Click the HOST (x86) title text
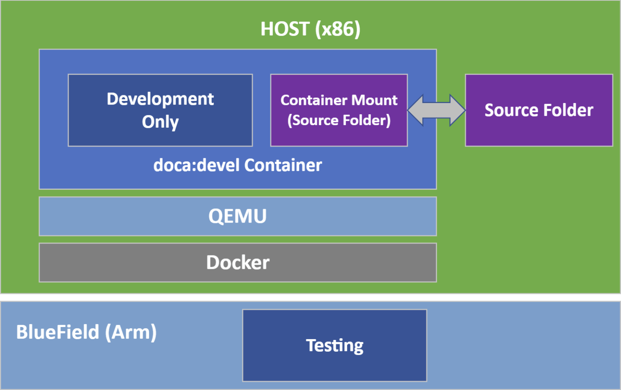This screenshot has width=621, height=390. click(310, 29)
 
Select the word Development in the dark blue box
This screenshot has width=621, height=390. click(160, 99)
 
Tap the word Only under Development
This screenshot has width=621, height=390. click(160, 122)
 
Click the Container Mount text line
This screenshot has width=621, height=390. click(339, 100)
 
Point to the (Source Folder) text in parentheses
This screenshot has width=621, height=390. click(339, 120)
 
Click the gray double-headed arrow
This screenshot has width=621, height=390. click(436, 110)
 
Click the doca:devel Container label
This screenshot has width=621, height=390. click(238, 165)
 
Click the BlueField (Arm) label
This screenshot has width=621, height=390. click(86, 332)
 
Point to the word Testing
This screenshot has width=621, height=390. click(335, 346)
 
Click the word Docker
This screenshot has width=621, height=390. click(238, 262)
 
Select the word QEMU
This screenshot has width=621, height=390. click(238, 216)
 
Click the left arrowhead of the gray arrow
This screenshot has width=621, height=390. click(415, 110)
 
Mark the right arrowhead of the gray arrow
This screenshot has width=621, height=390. click(458, 110)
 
